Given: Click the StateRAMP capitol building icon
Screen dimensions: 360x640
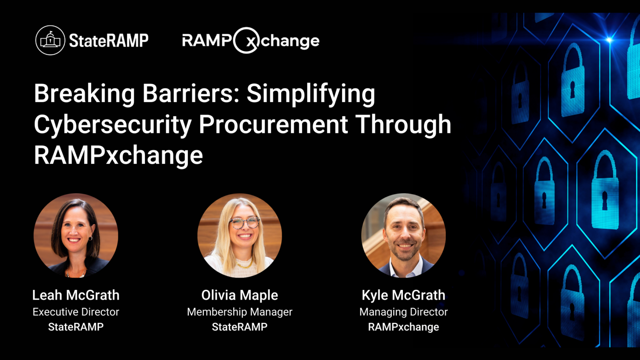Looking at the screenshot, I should pyautogui.click(x=50, y=40).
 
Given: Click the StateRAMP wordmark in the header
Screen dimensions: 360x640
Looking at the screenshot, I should pyautogui.click(x=108, y=41).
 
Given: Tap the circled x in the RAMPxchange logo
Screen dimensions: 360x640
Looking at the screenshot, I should pyautogui.click(x=247, y=41).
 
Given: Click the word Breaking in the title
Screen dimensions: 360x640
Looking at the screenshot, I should pyautogui.click(x=84, y=94).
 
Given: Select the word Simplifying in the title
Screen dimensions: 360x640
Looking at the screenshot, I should pyautogui.click(x=311, y=94).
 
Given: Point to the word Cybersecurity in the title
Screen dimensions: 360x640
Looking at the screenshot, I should pyautogui.click(x=112, y=125).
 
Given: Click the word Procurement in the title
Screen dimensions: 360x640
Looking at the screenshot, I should pyautogui.click(x=273, y=125).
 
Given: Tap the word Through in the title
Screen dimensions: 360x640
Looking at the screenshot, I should pyautogui.click(x=403, y=125).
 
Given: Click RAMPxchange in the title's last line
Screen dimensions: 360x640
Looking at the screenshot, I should pyautogui.click(x=118, y=155).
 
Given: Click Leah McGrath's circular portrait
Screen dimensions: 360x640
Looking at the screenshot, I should pyautogui.click(x=76, y=235).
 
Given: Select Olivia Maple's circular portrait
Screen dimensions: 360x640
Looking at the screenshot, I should pyautogui.click(x=240, y=235).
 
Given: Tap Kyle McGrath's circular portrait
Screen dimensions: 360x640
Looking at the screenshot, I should pyautogui.click(x=403, y=235).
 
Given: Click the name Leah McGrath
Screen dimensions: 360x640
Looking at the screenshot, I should pyautogui.click(x=76, y=295).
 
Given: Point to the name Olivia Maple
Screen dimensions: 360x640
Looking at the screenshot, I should pyautogui.click(x=240, y=295).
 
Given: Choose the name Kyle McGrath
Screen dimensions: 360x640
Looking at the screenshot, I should pyautogui.click(x=403, y=295).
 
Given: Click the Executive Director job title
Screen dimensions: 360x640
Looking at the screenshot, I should pyautogui.click(x=76, y=312).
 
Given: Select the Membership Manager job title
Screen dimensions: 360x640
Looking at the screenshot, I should pyautogui.click(x=240, y=312).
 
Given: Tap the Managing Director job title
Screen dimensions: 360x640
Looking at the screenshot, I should pyautogui.click(x=403, y=312).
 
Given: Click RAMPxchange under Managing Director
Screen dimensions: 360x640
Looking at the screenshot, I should pyautogui.click(x=403, y=327).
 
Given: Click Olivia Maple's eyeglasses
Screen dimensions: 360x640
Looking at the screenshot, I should pyautogui.click(x=245, y=223).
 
